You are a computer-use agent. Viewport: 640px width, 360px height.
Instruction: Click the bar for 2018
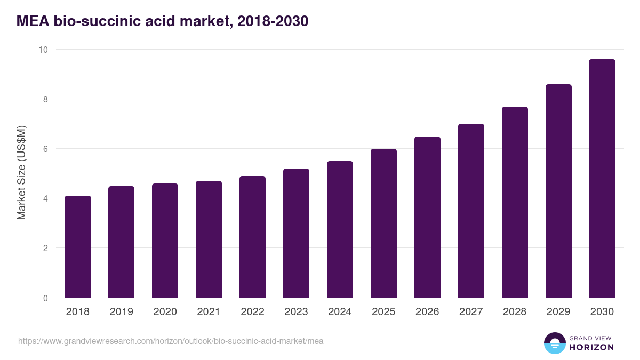pyautogui.click(x=78, y=247)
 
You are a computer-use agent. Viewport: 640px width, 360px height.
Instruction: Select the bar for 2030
pyautogui.click(x=602, y=179)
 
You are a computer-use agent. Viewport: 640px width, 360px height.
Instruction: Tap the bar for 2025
pyautogui.click(x=383, y=223)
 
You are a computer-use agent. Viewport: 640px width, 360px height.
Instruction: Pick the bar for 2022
pyautogui.click(x=252, y=237)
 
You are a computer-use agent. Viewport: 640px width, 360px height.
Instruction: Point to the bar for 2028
pyautogui.click(x=515, y=202)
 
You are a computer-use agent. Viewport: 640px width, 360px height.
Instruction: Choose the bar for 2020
pyautogui.click(x=165, y=241)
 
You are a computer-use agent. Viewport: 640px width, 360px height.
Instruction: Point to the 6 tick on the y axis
pyautogui.click(x=45, y=149)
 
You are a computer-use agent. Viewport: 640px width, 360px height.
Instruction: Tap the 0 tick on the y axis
pyautogui.click(x=45, y=298)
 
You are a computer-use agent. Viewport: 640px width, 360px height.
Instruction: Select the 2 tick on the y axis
pyautogui.click(x=45, y=249)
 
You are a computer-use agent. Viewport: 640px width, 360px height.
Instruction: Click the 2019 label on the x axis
pyautogui.click(x=122, y=312)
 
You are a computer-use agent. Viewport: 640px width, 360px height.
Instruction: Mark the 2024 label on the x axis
pyautogui.click(x=340, y=312)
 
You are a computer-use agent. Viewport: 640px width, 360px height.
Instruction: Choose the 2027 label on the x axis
pyautogui.click(x=471, y=312)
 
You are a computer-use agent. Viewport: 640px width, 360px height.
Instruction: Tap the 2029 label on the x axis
pyautogui.click(x=558, y=312)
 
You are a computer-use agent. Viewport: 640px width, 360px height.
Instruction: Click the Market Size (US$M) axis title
pyautogui.click(x=21, y=173)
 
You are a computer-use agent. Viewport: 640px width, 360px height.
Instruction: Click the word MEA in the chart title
pyautogui.click(x=34, y=21)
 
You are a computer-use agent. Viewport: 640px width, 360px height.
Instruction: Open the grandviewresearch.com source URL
pyautogui.click(x=171, y=341)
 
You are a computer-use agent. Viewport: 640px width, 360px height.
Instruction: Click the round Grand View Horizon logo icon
pyautogui.click(x=555, y=343)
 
